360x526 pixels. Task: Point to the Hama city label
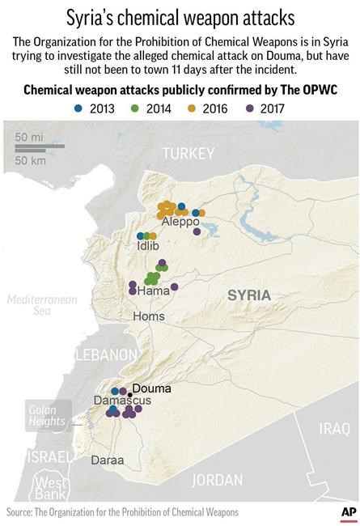(x=154, y=291)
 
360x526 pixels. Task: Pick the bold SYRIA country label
(x=249, y=295)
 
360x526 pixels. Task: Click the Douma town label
(x=151, y=388)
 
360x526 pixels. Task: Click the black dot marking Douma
(x=129, y=393)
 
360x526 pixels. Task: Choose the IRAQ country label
(x=332, y=427)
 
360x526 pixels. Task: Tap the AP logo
(x=349, y=512)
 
